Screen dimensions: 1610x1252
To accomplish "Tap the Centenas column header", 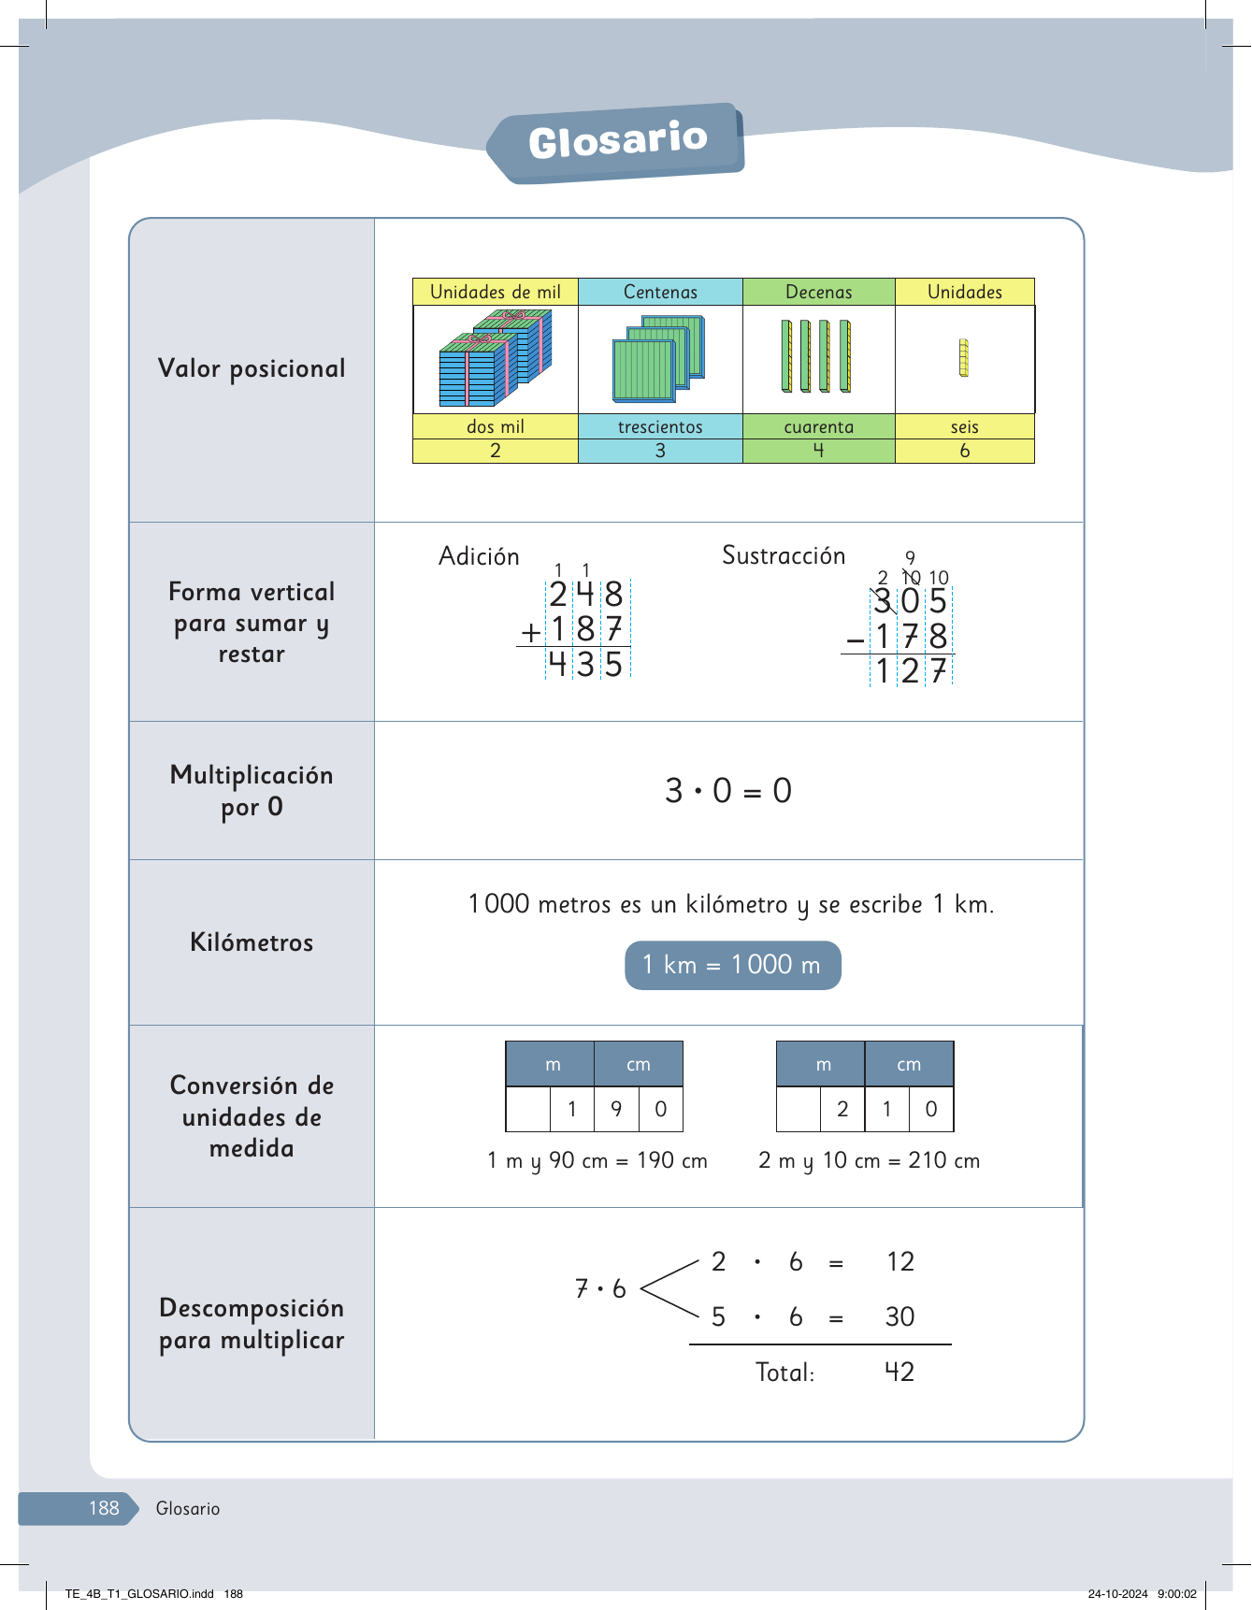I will (x=660, y=292).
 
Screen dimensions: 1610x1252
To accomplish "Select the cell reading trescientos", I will (x=660, y=426).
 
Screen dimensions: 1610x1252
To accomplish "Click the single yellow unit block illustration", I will (x=964, y=358).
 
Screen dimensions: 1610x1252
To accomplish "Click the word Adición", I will (x=479, y=556).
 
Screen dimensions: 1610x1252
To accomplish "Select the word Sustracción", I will (x=784, y=555).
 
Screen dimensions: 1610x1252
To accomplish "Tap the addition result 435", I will (x=586, y=664).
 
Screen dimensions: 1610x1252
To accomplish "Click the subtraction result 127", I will (x=911, y=670).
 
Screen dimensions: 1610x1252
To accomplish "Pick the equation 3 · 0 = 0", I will (x=728, y=791).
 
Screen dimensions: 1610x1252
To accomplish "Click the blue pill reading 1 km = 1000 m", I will (x=732, y=965).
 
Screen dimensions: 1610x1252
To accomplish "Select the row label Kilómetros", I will (x=252, y=942).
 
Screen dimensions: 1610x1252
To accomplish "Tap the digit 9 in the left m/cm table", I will (x=616, y=1109).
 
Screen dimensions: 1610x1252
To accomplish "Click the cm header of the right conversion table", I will (x=909, y=1064).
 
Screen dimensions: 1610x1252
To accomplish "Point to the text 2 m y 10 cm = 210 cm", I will (x=870, y=1160).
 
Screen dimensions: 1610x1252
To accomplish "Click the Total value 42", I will (x=899, y=1372).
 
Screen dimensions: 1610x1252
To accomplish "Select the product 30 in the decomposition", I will (x=899, y=1316).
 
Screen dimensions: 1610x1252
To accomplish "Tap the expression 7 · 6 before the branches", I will (x=600, y=1289).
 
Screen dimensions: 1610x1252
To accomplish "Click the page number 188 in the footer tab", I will (x=104, y=1507).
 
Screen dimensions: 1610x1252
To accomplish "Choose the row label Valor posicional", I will (x=252, y=368).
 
